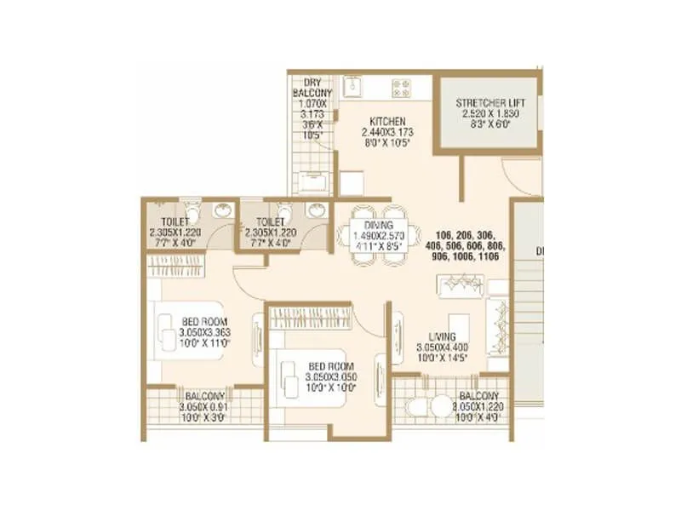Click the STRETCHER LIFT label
point(489,103)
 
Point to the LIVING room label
point(442,336)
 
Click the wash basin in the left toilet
point(222,212)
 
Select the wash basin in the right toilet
point(317,212)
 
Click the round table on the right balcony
point(442,407)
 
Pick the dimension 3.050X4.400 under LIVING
point(442,347)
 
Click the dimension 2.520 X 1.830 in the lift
point(489,113)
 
